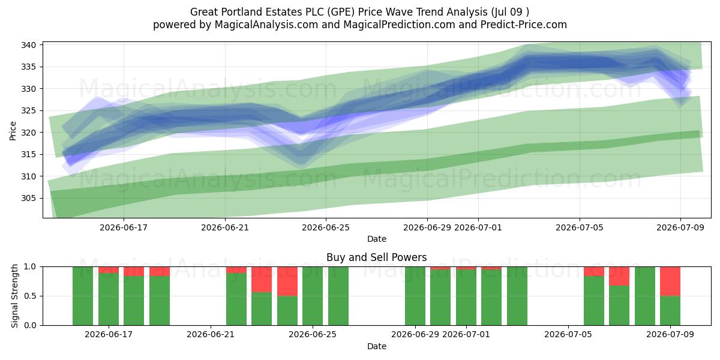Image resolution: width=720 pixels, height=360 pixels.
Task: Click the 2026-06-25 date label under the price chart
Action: pyautogui.click(x=326, y=227)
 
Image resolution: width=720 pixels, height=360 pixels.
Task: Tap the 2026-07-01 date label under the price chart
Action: pyautogui.click(x=478, y=227)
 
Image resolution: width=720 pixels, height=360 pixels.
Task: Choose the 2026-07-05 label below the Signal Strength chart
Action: pyautogui.click(x=568, y=335)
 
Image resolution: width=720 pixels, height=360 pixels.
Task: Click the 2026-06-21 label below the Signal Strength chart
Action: pyautogui.click(x=211, y=335)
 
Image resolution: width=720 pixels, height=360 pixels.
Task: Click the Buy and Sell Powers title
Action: pyautogui.click(x=377, y=257)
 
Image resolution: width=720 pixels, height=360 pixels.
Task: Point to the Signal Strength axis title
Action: pyautogui.click(x=14, y=296)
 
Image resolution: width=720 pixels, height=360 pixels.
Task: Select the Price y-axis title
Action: pyautogui.click(x=13, y=131)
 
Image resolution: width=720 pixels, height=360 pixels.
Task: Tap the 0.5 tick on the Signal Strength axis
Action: pyautogui.click(x=30, y=296)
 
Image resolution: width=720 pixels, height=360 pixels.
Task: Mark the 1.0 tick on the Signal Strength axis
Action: pyautogui.click(x=30, y=267)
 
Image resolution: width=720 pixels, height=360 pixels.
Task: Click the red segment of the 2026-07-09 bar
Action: pyautogui.click(x=670, y=281)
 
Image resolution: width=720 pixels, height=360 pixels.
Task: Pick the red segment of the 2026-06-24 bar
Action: pyautogui.click(x=287, y=281)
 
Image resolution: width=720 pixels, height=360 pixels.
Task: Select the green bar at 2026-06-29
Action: pyautogui.click(x=415, y=296)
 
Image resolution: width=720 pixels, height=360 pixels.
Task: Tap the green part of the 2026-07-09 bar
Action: pyautogui.click(x=670, y=311)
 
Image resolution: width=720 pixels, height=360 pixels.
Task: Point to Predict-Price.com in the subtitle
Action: pyautogui.click(x=524, y=25)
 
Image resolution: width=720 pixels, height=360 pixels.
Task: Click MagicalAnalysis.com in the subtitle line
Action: pyautogui.click(x=266, y=25)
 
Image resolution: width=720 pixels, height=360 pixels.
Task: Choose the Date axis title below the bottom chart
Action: pyautogui.click(x=377, y=346)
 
